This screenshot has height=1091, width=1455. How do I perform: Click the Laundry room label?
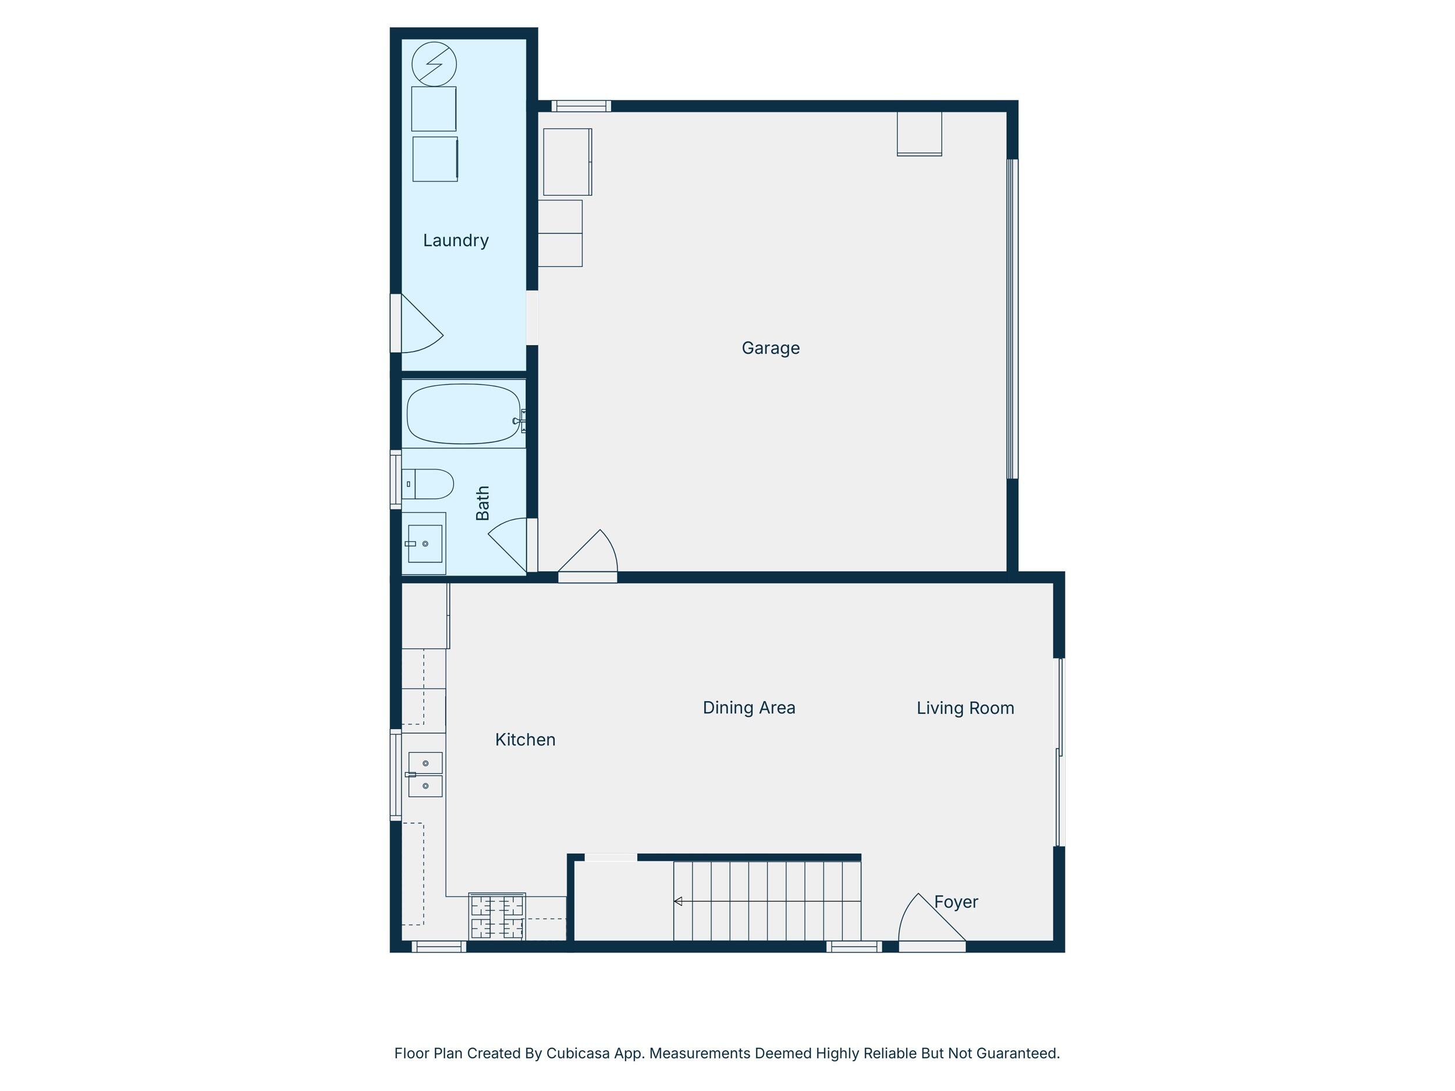[456, 241]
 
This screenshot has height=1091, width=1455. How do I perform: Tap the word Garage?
[771, 348]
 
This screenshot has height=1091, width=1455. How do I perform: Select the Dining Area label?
[749, 708]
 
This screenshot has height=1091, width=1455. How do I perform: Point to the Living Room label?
[966, 708]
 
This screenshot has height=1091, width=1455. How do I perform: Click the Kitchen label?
[526, 740]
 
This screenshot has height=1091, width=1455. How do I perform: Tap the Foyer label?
[956, 902]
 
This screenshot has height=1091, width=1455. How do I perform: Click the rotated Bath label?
[483, 503]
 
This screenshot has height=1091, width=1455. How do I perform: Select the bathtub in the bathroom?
[465, 414]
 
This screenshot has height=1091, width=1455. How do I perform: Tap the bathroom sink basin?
[425, 544]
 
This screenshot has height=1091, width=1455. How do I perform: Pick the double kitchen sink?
[425, 774]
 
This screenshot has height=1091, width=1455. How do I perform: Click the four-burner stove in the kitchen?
[496, 916]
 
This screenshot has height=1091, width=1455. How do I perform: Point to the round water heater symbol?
[434, 65]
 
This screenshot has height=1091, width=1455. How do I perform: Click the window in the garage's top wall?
[581, 106]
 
